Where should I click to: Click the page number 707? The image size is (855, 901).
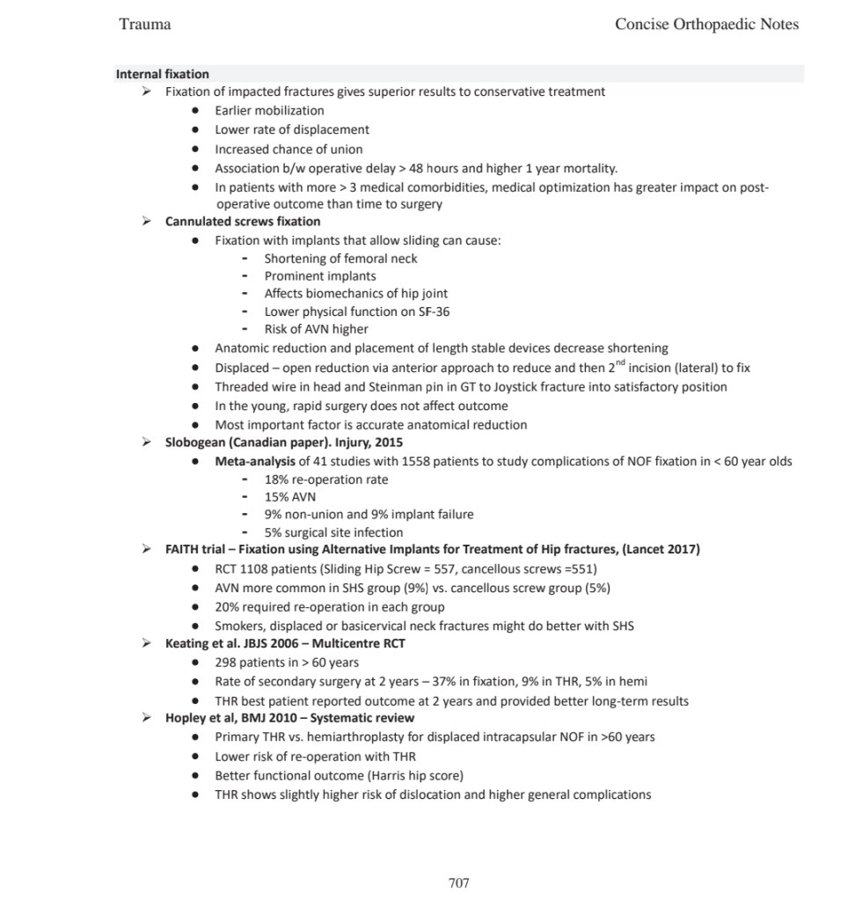[x=458, y=883]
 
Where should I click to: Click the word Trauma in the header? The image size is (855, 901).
[x=144, y=24]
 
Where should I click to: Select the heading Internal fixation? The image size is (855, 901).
[x=162, y=74]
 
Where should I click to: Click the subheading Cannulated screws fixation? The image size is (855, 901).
[x=243, y=221]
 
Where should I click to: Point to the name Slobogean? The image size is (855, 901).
[x=195, y=443]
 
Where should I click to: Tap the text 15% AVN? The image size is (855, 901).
[x=290, y=496]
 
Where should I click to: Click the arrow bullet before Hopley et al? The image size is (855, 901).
[x=147, y=717]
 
